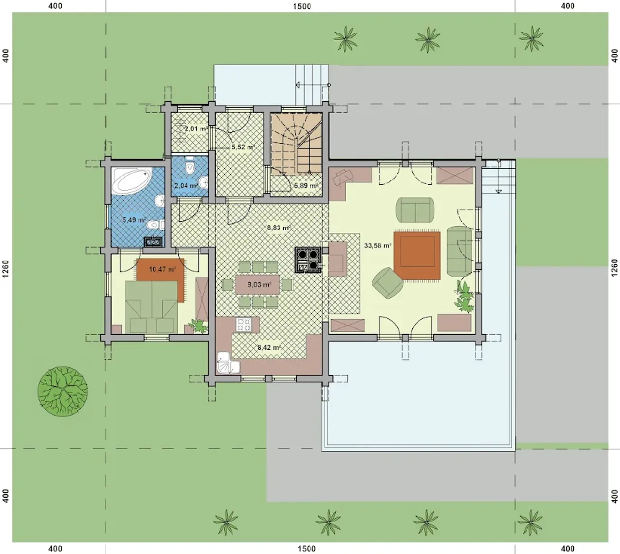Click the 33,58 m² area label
[378, 245]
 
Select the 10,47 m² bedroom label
[162, 270]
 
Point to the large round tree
[62, 391]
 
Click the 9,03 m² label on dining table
[259, 284]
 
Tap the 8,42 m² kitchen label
[269, 348]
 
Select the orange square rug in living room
[417, 256]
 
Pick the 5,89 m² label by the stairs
[306, 185]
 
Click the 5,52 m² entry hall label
[243, 147]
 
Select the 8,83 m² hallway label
[279, 228]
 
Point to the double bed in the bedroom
[152, 307]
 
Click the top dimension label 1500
[302, 6]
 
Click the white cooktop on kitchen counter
[244, 325]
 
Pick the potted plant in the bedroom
[198, 326]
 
